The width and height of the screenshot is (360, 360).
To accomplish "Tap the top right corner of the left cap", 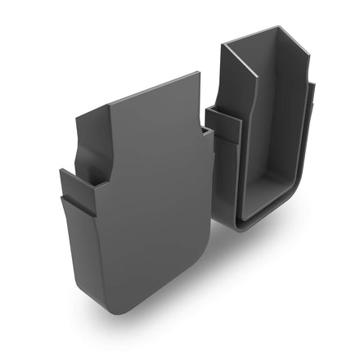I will [x=199, y=74].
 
